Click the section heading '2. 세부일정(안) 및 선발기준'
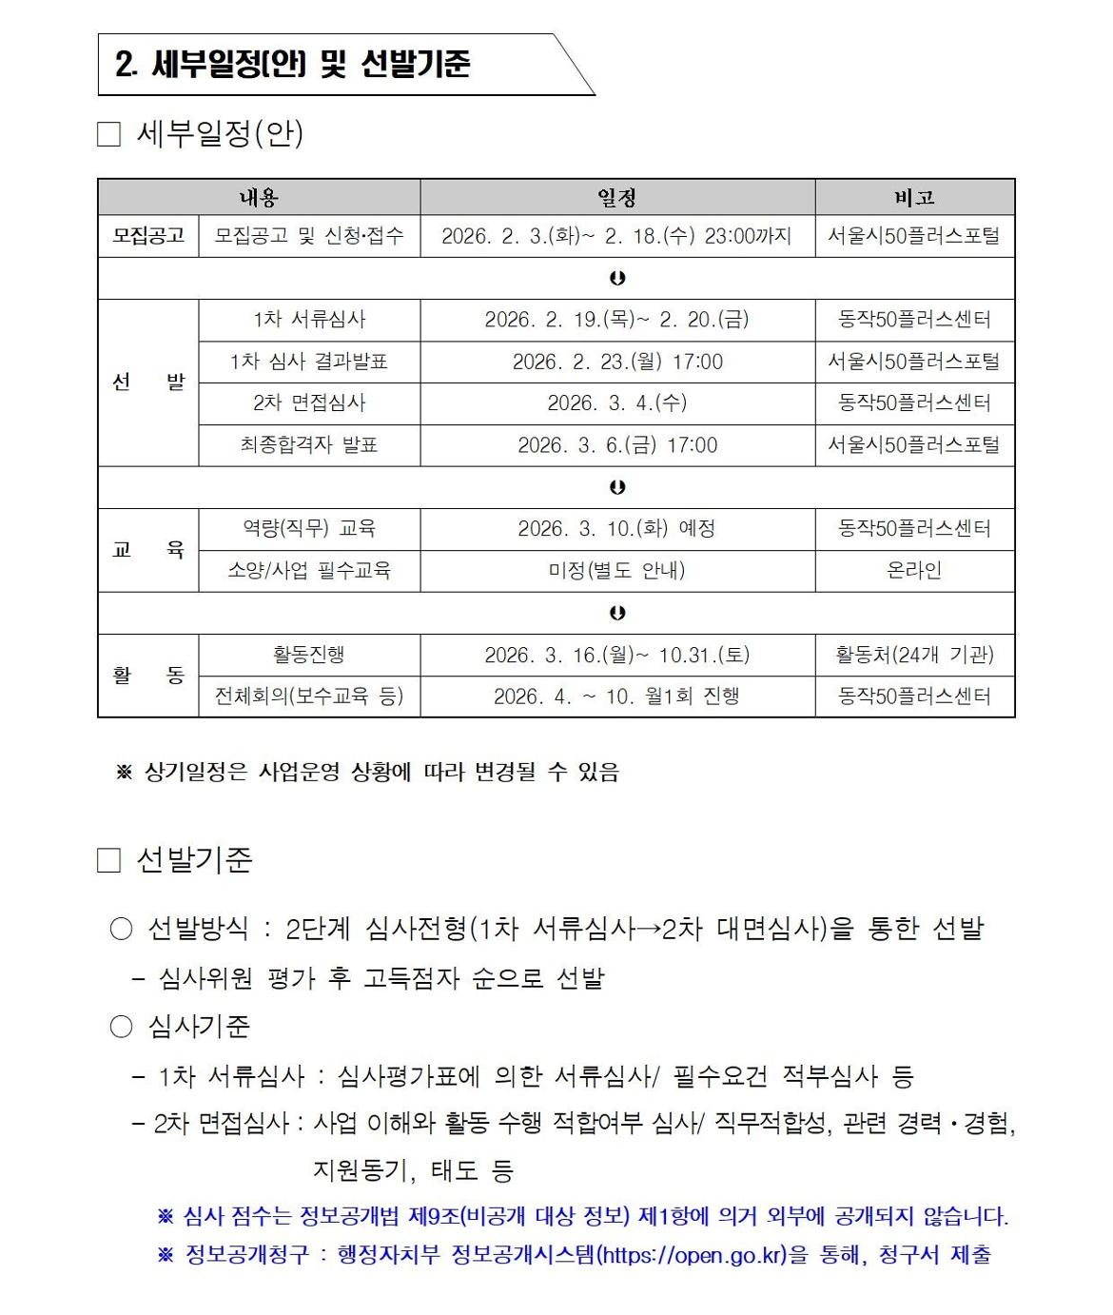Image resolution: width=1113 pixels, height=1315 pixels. (292, 65)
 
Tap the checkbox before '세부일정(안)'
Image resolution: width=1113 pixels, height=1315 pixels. (109, 134)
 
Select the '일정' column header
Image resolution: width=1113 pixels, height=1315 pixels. (616, 197)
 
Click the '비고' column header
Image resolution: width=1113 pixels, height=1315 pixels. (914, 197)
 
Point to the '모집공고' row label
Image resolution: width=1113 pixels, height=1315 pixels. (148, 236)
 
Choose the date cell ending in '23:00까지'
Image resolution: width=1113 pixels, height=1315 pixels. (616, 236)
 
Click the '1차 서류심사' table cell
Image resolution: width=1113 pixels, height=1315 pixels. (309, 320)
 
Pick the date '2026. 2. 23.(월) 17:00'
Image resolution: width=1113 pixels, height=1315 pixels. (616, 362)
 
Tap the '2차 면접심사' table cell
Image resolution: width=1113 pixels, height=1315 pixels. (309, 403)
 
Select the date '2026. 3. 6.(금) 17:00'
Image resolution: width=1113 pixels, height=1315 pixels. (616, 445)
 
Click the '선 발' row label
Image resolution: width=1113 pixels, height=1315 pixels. (148, 383)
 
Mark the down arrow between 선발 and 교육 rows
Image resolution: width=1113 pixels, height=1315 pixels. (617, 487)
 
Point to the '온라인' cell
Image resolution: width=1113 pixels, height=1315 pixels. (914, 571)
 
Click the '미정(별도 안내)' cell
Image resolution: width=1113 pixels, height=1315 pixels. (616, 571)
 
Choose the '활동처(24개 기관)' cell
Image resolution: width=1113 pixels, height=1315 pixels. (914, 655)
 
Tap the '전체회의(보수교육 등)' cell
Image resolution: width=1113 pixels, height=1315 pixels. (309, 697)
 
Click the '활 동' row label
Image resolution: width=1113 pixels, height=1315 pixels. (148, 676)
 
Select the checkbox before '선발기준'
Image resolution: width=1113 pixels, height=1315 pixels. (109, 861)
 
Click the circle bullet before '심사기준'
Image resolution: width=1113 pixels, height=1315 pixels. (121, 1027)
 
